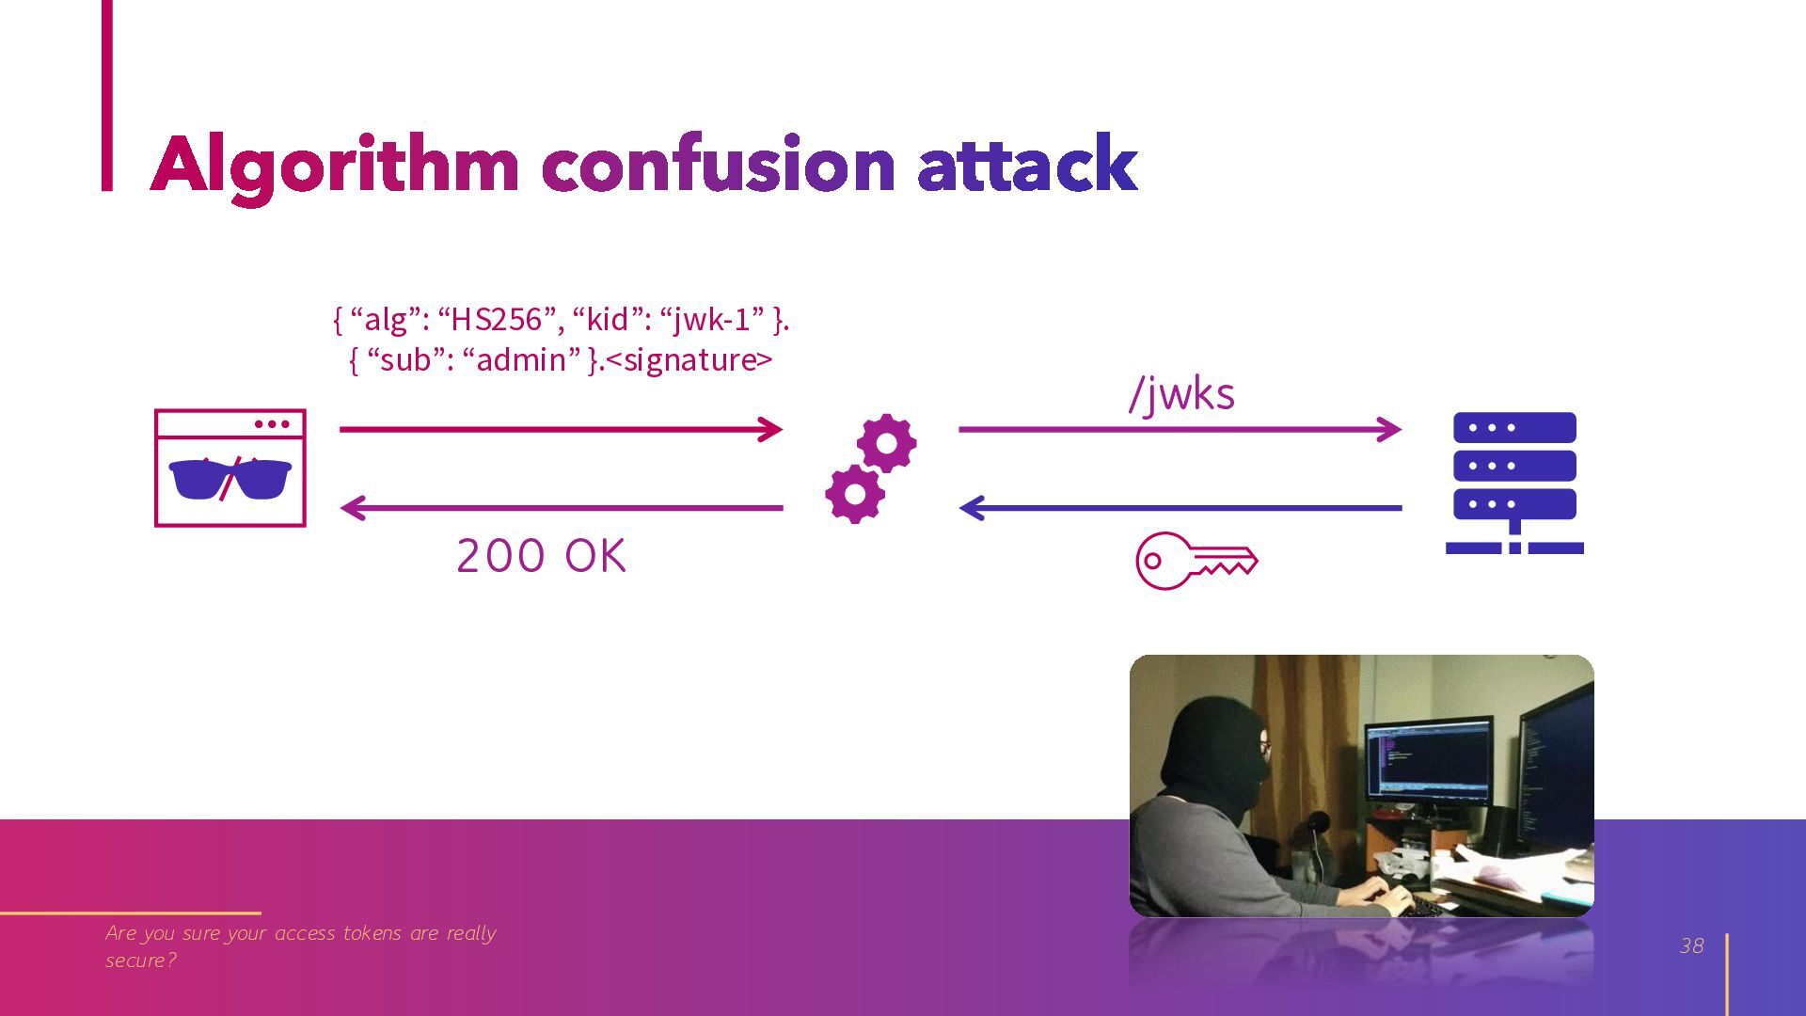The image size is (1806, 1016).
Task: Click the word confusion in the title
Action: (718, 164)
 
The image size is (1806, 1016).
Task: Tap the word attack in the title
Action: (1027, 164)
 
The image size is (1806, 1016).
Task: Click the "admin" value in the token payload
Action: (522, 359)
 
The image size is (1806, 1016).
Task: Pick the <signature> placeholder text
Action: (689, 360)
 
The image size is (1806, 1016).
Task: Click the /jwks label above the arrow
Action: (1181, 393)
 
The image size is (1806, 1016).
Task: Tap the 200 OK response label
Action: (541, 556)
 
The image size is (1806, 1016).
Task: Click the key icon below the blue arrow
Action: (1196, 561)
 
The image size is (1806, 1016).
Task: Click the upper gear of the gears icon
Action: (886, 443)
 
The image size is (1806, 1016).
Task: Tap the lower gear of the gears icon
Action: (854, 494)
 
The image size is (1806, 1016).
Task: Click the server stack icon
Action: (1514, 483)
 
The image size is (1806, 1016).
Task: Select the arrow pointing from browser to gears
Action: (561, 430)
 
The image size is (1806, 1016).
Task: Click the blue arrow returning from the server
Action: (1180, 508)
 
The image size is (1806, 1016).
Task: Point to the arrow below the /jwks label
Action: (1180, 430)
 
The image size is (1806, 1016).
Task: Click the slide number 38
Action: (1691, 946)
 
